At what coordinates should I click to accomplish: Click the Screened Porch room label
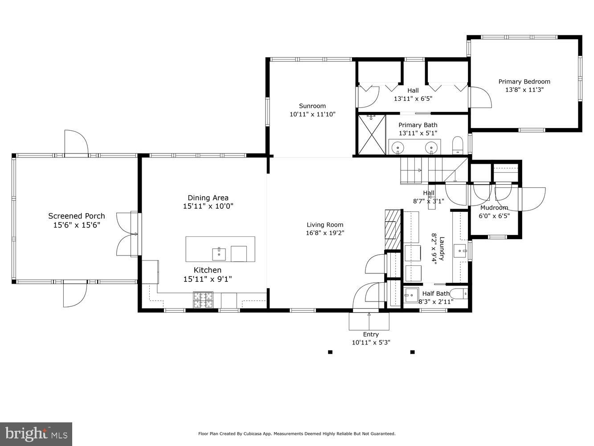pos(77,216)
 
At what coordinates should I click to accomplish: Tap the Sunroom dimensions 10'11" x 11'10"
pos(312,114)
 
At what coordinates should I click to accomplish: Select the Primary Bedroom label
pos(524,82)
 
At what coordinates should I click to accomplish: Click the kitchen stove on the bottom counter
pos(203,300)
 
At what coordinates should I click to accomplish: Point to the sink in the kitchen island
pos(219,254)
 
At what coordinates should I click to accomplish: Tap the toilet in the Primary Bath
pos(458,145)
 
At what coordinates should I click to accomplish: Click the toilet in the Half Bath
pos(459,293)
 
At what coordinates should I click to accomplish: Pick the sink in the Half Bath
pos(411,295)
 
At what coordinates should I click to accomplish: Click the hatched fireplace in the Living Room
pos(391,229)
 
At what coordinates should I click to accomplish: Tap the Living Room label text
pos(325,225)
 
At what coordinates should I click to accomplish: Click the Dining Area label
pos(208,198)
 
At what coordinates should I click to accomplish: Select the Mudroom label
pos(494,208)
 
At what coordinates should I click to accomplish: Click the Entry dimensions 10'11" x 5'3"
pos(371,343)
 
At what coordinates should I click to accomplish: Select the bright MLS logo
pos(36,434)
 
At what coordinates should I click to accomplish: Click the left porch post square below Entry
pos(330,352)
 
